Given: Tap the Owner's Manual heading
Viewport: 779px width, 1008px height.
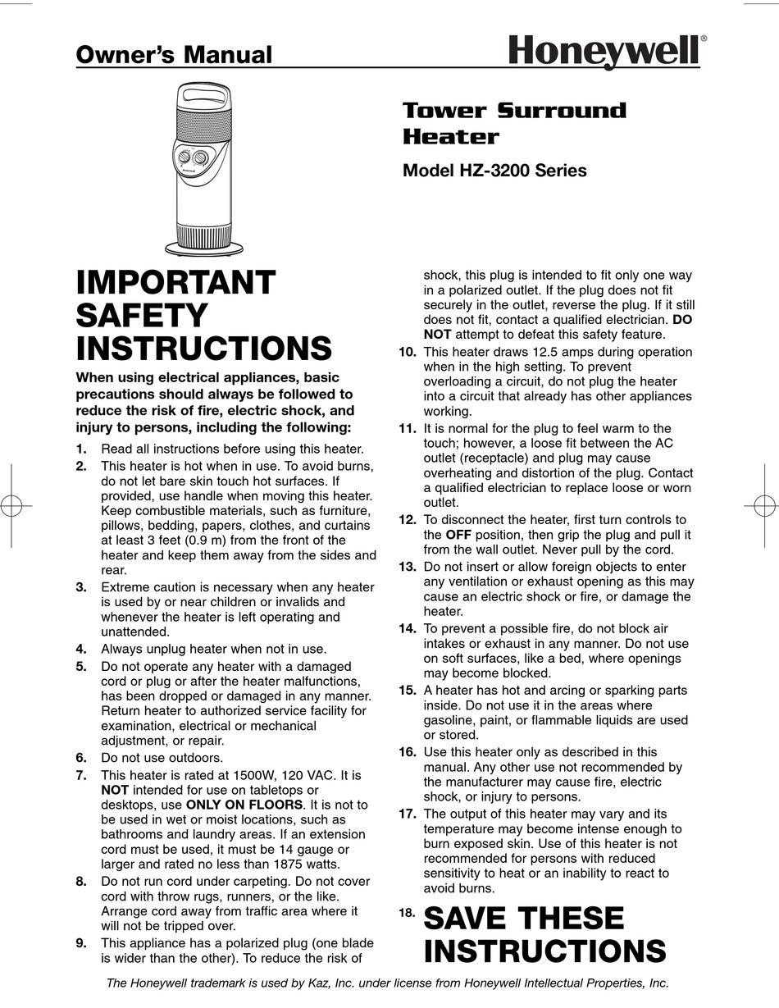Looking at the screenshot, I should (174, 55).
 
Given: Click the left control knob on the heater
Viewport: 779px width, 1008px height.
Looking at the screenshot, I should (184, 157).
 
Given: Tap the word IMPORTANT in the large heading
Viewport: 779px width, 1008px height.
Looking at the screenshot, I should (175, 283).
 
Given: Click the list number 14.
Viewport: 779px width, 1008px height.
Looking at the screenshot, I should (408, 628).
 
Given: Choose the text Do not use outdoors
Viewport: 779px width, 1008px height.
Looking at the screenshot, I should (162, 758).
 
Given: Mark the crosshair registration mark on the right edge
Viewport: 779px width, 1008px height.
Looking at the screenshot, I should (763, 506).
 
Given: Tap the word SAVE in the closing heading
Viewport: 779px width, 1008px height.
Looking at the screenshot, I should (470, 919).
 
